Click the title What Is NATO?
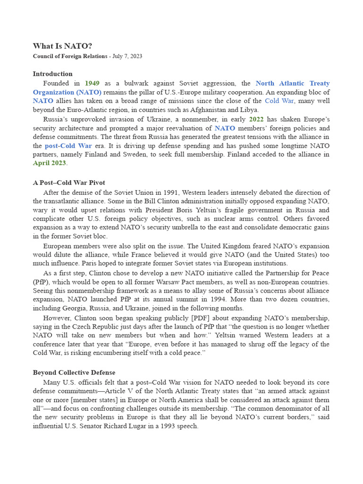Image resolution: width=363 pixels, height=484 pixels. pyautogui.click(x=62, y=46)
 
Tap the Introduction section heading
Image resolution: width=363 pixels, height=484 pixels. pyautogui.click(x=52, y=74)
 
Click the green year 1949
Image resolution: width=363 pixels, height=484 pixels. pyautogui.click(x=92, y=83)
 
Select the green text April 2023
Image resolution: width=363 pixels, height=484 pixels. pyautogui.click(x=49, y=163)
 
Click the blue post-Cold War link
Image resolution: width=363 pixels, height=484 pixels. pyautogui.click(x=68, y=146)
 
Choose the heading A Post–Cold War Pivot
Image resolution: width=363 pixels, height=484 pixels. pyautogui.click(x=69, y=182)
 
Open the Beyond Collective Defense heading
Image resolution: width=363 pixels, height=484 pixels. pyautogui.click(x=74, y=372)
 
